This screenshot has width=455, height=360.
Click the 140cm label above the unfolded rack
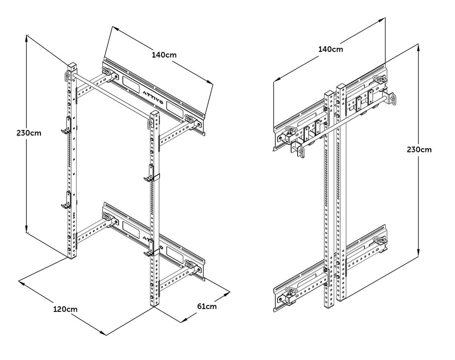[164, 55]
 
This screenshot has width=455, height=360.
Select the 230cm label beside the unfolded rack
[29, 133]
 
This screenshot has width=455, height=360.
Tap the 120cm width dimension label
[65, 309]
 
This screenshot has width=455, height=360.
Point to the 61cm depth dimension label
[207, 306]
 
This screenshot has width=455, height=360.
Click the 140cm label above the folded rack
[331, 49]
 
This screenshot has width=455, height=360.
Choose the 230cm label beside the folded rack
[419, 149]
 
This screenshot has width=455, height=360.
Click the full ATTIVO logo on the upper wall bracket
[153, 97]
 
